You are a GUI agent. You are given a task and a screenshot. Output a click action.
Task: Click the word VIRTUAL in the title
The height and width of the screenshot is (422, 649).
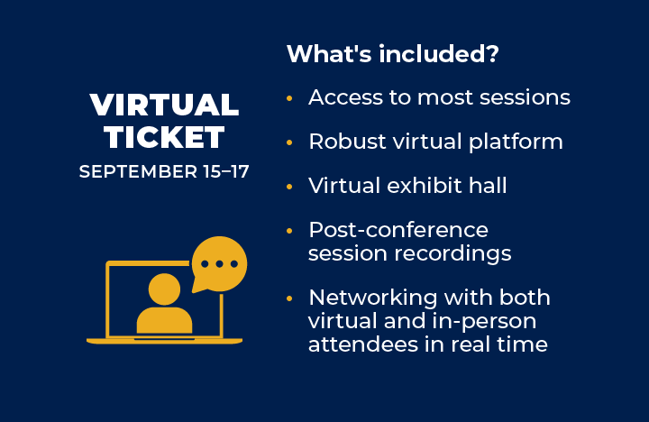click(164, 105)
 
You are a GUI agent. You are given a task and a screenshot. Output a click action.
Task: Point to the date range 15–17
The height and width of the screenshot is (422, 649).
click(222, 170)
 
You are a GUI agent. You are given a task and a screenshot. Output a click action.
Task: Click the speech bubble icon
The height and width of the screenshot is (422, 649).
click(218, 264)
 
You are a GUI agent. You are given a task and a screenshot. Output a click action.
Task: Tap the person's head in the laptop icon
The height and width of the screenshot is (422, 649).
click(164, 289)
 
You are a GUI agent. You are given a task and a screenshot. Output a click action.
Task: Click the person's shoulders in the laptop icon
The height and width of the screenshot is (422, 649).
click(164, 319)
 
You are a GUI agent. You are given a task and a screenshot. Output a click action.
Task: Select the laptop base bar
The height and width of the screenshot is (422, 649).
click(164, 341)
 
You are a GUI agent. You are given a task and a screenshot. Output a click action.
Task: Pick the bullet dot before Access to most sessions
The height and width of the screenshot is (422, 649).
click(289, 98)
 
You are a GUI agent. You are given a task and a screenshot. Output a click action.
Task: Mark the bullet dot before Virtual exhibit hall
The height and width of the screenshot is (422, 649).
click(289, 187)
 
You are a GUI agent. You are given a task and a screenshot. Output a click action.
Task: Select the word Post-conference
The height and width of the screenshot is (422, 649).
click(398, 230)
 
